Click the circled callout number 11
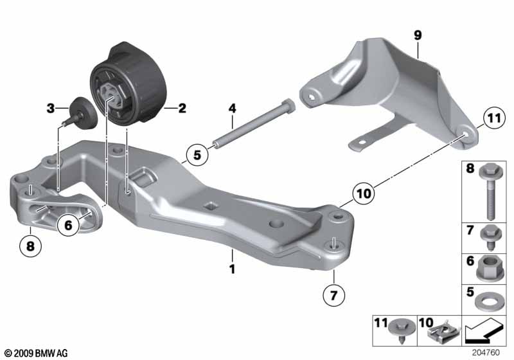(x=494, y=118)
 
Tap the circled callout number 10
(x=363, y=194)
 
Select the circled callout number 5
(x=197, y=154)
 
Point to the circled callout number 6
(x=68, y=225)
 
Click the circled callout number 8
(x=30, y=246)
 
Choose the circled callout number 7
(x=333, y=296)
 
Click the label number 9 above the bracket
(x=417, y=35)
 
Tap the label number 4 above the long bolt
(x=232, y=108)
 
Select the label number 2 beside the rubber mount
(x=182, y=108)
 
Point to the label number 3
(x=51, y=108)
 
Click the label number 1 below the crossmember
(x=232, y=269)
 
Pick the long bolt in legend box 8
(x=491, y=192)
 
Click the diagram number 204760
(x=486, y=352)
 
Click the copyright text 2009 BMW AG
(x=36, y=353)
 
